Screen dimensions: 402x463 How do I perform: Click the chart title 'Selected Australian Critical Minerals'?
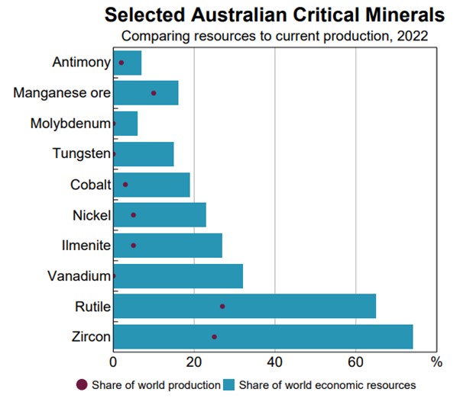[x=274, y=14]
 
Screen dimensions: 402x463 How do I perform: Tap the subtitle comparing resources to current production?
[x=274, y=35]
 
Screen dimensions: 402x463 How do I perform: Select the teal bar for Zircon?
[x=264, y=336]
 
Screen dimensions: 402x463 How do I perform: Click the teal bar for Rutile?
[x=244, y=306]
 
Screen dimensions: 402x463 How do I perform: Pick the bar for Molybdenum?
[x=125, y=123]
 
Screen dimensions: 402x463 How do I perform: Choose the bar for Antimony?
[x=128, y=63]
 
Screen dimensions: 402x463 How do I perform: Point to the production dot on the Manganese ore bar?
[x=154, y=93]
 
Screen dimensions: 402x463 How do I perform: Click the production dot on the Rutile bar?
[x=222, y=306]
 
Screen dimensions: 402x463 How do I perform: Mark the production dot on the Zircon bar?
[x=214, y=336]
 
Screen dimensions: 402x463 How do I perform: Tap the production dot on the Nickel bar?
[x=134, y=215]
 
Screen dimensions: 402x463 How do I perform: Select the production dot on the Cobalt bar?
[x=125, y=185]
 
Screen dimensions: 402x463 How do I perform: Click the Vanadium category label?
[x=79, y=276]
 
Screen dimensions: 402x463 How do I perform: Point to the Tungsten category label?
[x=82, y=154]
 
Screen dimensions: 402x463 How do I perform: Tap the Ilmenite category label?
[x=86, y=246]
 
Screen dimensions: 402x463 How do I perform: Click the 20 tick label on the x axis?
[x=194, y=360]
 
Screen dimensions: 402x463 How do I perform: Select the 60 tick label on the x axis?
[x=355, y=360]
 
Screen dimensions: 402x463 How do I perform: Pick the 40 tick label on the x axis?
[x=274, y=360]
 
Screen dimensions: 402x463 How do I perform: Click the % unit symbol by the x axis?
[x=436, y=360]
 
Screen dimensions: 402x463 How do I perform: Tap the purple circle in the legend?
[x=82, y=385]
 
